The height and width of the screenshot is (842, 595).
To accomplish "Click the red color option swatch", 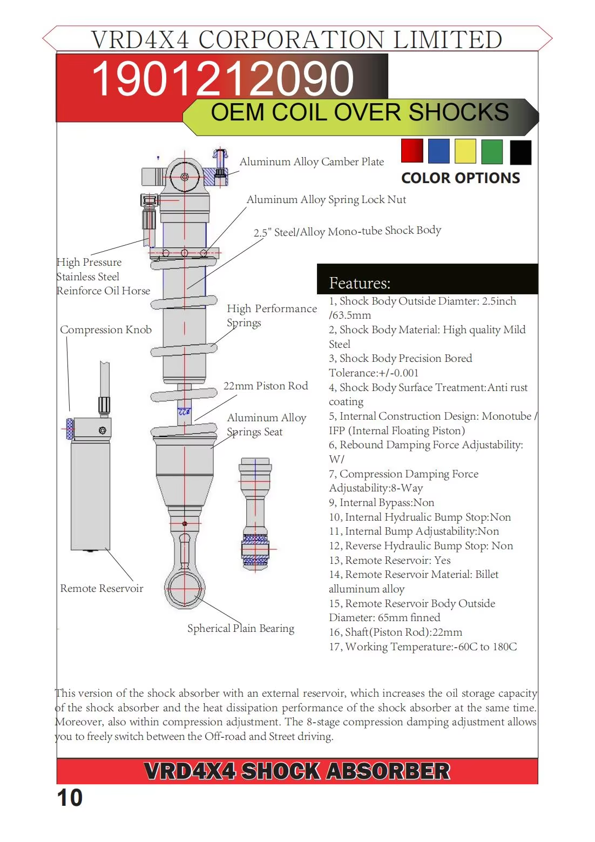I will (412, 151).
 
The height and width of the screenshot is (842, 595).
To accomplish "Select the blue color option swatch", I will (438, 151).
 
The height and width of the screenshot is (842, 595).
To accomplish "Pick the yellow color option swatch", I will (465, 151).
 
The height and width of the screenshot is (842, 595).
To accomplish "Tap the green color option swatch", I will (491, 151).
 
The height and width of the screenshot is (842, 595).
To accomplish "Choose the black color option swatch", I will (520, 152).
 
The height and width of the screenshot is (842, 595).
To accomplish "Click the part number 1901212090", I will (222, 79).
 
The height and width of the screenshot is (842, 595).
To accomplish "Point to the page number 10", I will (70, 798).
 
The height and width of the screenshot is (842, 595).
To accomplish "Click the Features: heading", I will (360, 283).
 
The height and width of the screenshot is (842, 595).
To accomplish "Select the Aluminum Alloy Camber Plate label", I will (312, 161).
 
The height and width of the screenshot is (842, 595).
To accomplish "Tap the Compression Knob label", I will (106, 329).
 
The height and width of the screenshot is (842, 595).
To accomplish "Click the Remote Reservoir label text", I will (102, 588).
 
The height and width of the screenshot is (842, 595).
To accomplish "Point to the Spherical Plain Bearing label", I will (241, 628).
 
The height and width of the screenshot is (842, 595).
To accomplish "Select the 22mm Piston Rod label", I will (266, 386).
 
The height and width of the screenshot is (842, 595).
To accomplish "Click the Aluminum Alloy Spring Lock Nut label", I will (326, 199).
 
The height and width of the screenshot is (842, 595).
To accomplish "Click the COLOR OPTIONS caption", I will (461, 178).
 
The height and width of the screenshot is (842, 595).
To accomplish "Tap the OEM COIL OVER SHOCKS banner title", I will (360, 112).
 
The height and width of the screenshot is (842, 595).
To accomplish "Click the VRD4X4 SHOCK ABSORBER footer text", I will (297, 771).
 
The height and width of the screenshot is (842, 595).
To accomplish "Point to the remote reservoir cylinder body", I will (90, 494).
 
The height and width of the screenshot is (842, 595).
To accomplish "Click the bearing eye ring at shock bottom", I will (185, 589).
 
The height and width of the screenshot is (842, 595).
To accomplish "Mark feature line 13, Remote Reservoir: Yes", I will (390, 560).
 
